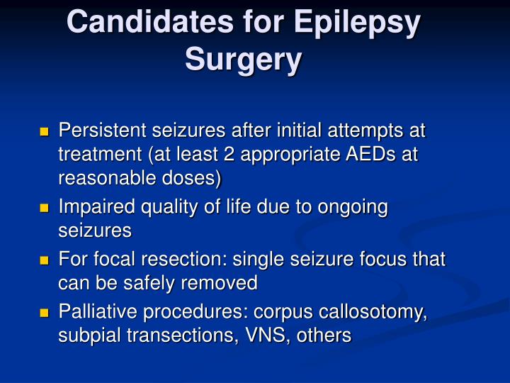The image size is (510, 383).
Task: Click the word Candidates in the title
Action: [x=150, y=21]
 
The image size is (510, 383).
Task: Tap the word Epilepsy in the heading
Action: [x=357, y=24]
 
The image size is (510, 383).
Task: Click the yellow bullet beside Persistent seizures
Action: [x=44, y=132]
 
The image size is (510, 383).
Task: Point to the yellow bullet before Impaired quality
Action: [x=44, y=208]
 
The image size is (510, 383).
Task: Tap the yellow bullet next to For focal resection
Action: [x=44, y=260]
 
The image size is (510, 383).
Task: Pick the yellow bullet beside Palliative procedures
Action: [x=44, y=313]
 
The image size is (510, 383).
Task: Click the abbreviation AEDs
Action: [x=370, y=154]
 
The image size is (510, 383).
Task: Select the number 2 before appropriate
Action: [x=229, y=154]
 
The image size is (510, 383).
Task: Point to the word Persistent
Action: [x=103, y=130]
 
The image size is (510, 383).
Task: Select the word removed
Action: [x=219, y=283]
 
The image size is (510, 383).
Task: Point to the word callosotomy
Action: [x=373, y=312]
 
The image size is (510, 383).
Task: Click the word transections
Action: [x=181, y=335]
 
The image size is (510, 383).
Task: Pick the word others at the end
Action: [x=324, y=335]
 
